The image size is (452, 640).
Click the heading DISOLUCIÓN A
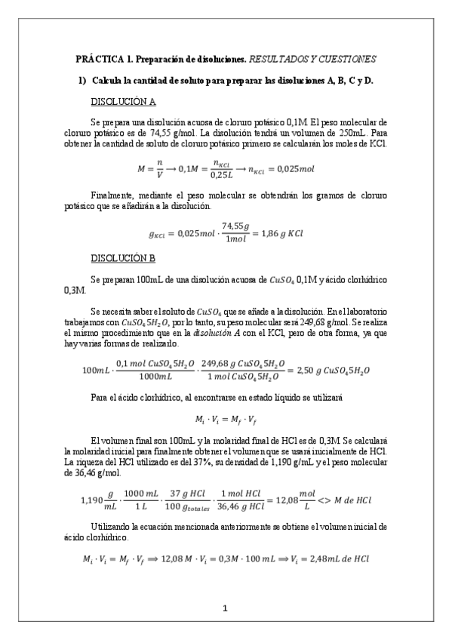click(123, 102)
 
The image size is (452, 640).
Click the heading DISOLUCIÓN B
click(123, 259)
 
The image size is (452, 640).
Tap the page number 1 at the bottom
click(226, 608)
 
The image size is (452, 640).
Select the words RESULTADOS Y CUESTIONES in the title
click(312, 58)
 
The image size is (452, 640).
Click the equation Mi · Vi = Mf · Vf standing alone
click(226, 418)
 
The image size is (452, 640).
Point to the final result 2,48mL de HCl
click(341, 558)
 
